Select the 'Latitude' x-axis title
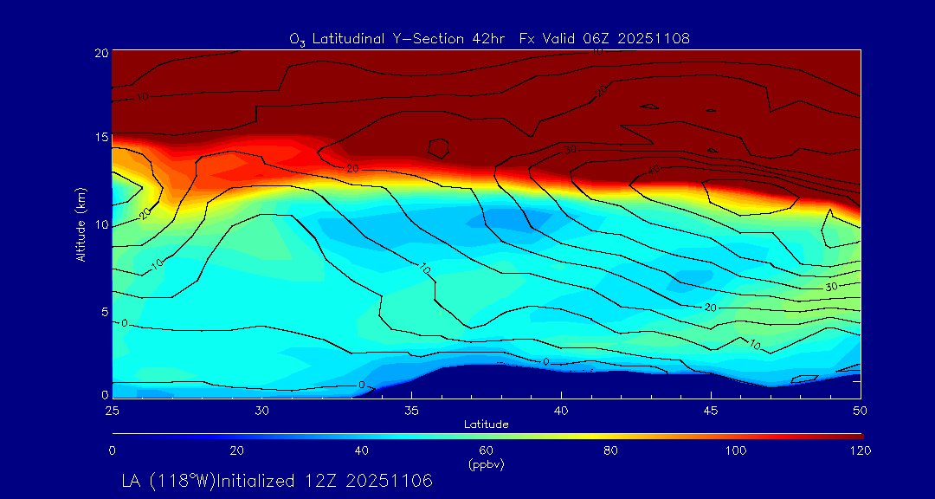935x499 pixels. point(486,424)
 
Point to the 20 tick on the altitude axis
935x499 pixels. point(100,53)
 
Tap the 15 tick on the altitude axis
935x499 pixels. point(100,138)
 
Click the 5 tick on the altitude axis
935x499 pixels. point(103,311)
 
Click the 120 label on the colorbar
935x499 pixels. point(861,450)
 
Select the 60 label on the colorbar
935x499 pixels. point(486,450)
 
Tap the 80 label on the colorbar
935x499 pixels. point(611,450)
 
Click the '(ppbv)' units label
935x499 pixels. point(486,464)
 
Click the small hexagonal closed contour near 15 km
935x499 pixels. point(438,149)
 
